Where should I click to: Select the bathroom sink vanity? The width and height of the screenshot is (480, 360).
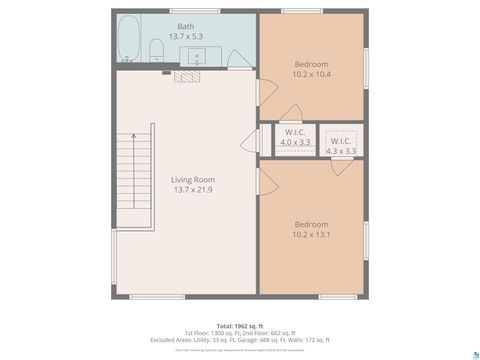pyautogui.click(x=196, y=56)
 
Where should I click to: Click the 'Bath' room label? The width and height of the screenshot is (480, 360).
pyautogui.click(x=186, y=26)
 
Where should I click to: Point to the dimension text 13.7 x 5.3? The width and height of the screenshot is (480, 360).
pyautogui.click(x=186, y=36)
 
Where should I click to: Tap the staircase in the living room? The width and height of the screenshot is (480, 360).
pyautogui.click(x=135, y=181)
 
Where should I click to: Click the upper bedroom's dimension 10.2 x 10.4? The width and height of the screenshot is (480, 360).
pyautogui.click(x=312, y=73)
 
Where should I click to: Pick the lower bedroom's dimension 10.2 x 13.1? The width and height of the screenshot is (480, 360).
pyautogui.click(x=312, y=234)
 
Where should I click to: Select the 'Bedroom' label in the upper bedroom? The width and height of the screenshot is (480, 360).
pyautogui.click(x=312, y=63)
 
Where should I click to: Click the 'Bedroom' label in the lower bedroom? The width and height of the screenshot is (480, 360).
pyautogui.click(x=312, y=224)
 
